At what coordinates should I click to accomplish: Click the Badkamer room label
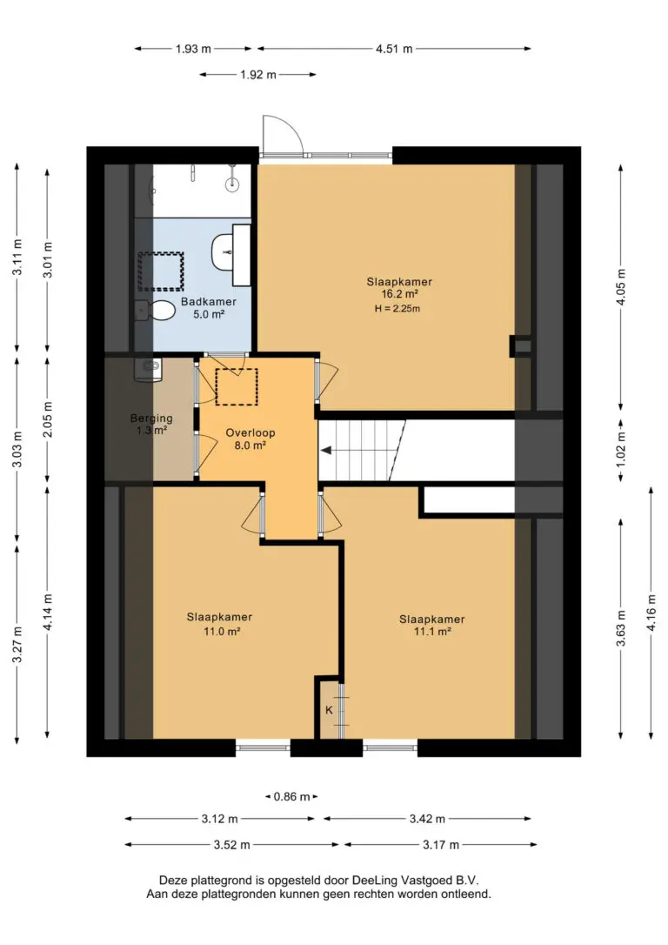[x=209, y=307]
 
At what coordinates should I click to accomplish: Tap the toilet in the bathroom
[x=156, y=311]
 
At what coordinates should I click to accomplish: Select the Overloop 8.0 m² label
[x=250, y=439]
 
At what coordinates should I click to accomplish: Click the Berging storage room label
[x=151, y=424]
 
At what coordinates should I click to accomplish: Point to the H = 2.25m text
[x=397, y=309]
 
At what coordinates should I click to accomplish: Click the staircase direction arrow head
[x=325, y=450]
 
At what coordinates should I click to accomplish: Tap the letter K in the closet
[x=329, y=710]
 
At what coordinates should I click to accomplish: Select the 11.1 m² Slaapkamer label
[x=432, y=625]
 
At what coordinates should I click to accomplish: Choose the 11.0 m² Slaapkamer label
[x=219, y=624]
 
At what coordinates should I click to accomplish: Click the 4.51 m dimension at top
[x=395, y=49]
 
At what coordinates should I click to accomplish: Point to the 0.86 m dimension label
[x=291, y=797]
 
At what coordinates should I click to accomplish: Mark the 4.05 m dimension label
[x=621, y=287]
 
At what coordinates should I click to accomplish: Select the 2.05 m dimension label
[x=48, y=419]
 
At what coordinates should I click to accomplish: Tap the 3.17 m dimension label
[x=441, y=845]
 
